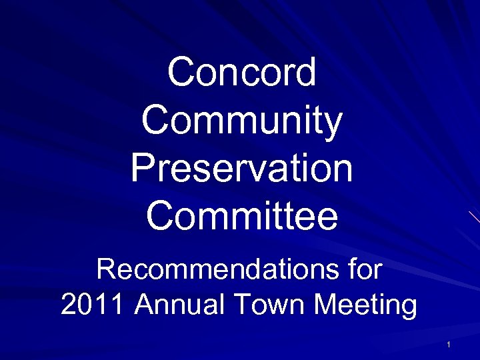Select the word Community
tap(242, 121)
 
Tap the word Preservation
tap(241, 169)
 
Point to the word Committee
tap(242, 217)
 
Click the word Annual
tap(181, 305)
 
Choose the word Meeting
tap(366, 305)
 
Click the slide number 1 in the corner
tap(449, 345)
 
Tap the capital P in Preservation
tap(142, 169)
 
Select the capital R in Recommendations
tap(107, 270)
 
